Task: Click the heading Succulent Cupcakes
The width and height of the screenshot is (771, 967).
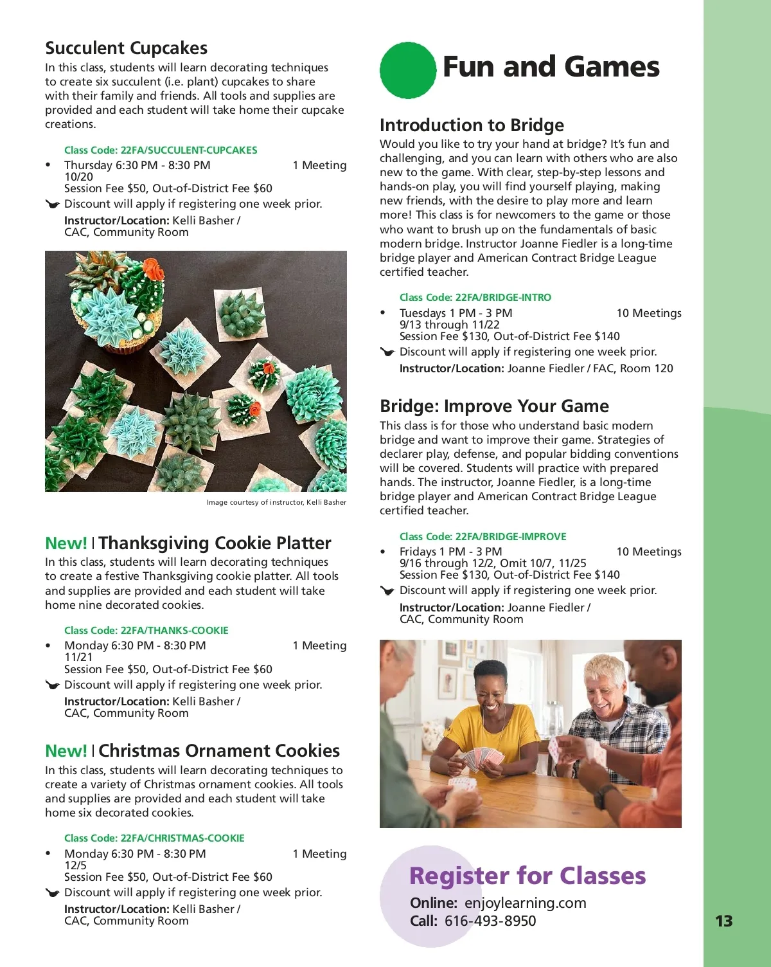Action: click(126, 48)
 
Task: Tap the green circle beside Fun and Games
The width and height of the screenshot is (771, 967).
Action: click(407, 70)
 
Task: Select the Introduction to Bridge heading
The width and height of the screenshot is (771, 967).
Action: click(472, 125)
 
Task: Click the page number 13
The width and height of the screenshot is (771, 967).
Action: click(723, 921)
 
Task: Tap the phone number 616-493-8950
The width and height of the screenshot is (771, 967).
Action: click(490, 921)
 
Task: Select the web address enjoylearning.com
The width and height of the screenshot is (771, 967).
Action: click(525, 903)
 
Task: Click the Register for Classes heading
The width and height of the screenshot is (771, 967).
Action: click(527, 876)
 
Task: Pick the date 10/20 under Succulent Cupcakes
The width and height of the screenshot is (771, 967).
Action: click(78, 177)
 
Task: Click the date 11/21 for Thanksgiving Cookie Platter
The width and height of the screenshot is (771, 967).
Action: click(78, 657)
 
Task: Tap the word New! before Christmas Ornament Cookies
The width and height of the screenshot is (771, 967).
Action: click(66, 751)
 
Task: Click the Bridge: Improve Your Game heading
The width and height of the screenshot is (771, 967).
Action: click(494, 406)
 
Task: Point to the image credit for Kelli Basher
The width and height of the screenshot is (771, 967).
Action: click(276, 502)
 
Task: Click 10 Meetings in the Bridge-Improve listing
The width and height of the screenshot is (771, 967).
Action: click(648, 552)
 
